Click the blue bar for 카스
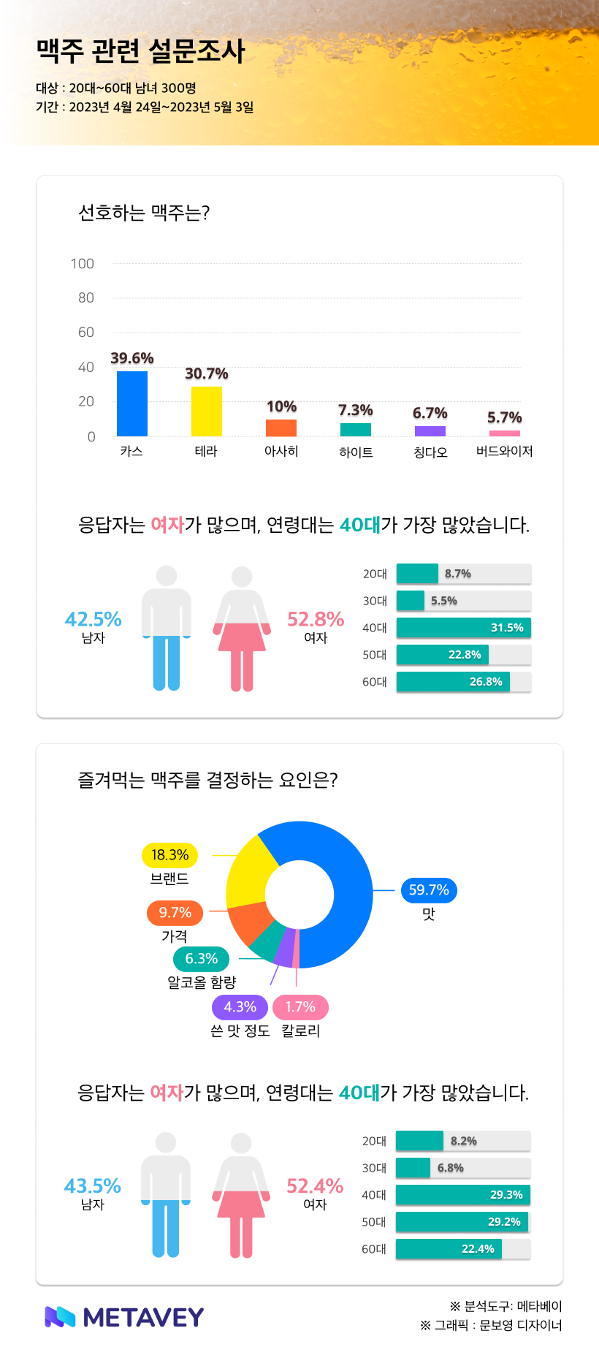(132, 403)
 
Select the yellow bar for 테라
(207, 411)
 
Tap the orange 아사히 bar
(281, 428)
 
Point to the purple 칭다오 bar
(430, 431)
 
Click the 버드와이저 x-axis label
(504, 452)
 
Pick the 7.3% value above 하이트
(356, 410)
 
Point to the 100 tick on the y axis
(83, 263)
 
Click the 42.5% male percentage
(94, 619)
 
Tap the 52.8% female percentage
(316, 619)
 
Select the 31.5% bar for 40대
(463, 628)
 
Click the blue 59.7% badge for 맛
(429, 889)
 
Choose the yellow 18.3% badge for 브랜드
(169, 855)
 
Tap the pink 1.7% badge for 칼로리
(300, 1007)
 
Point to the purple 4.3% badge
(240, 1007)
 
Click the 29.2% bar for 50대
(462, 1222)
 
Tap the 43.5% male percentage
(93, 1185)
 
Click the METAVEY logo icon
(60, 1316)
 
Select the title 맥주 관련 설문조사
(140, 50)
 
